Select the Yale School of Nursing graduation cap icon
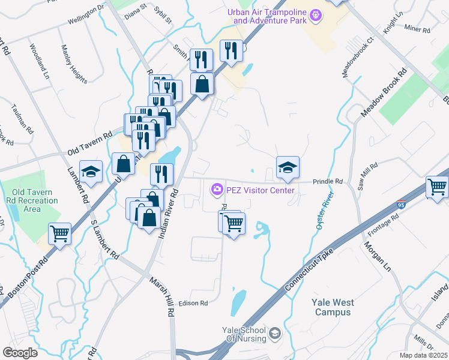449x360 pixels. click(275, 333)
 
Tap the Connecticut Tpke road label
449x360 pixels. click(307, 271)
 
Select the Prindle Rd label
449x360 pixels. click(327, 181)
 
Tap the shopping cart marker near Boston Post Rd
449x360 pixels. click(59, 233)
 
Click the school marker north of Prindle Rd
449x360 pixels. click(288, 167)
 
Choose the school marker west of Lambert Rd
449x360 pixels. click(91, 172)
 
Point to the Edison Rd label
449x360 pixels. click(193, 303)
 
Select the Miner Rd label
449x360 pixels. click(418, 29)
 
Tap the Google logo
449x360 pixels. click(20, 352)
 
